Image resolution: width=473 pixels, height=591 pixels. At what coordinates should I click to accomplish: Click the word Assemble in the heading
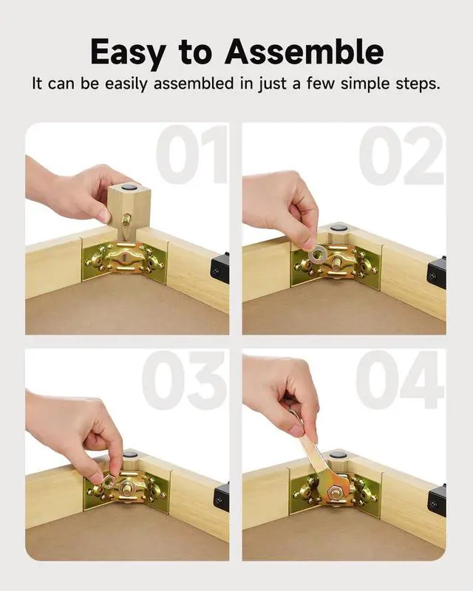[304, 51]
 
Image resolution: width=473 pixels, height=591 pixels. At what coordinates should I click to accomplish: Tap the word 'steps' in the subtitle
[418, 84]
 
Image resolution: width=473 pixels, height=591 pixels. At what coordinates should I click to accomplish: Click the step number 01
[191, 154]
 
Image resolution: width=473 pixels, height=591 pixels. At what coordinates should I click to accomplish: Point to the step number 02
[401, 155]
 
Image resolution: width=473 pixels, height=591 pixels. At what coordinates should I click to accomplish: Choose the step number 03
[185, 380]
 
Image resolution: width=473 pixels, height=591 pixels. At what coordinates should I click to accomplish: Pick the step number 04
[400, 380]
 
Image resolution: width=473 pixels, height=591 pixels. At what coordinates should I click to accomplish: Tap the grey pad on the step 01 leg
[130, 186]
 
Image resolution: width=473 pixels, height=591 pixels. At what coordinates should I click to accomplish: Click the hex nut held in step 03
[109, 481]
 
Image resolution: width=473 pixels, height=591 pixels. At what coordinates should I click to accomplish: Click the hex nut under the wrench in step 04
[333, 492]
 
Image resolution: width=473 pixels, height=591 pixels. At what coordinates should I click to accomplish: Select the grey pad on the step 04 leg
[336, 454]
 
